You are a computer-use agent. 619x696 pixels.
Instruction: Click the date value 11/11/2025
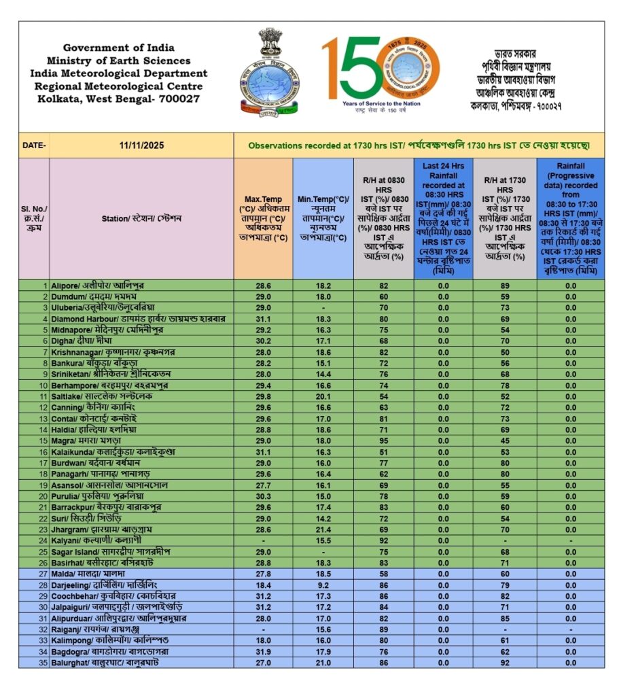[x=141, y=145]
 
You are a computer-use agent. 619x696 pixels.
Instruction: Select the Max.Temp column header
[x=263, y=218]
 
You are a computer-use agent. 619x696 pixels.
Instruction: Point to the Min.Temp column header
[x=323, y=218]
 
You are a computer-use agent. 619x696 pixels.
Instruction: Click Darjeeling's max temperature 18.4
[x=263, y=585]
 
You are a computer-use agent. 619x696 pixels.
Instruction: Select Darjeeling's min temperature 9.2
[x=323, y=585]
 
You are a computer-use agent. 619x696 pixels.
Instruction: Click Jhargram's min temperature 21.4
[x=323, y=529]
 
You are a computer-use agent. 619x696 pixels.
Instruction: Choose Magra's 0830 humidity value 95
[x=383, y=440]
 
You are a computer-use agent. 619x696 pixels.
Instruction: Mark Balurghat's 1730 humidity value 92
[x=505, y=663]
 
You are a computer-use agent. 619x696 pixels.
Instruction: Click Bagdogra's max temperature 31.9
[x=263, y=652]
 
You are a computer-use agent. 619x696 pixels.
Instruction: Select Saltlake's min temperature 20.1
[x=323, y=396]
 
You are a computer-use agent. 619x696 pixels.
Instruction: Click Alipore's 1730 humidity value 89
[x=505, y=286]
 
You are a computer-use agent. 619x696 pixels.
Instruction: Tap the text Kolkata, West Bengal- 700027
[x=119, y=99]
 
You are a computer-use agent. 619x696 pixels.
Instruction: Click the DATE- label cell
[x=34, y=145]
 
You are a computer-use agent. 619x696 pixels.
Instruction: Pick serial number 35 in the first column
[x=43, y=663]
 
